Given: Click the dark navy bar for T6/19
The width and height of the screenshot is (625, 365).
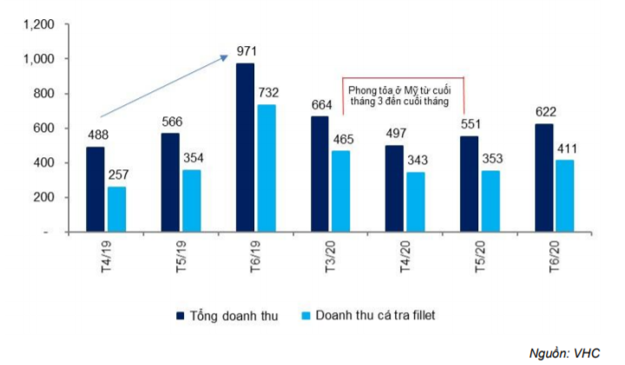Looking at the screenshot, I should tap(246, 148).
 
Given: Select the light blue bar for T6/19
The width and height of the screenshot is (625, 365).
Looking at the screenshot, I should tap(266, 169).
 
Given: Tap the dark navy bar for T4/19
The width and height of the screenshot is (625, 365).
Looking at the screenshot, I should tap(95, 189).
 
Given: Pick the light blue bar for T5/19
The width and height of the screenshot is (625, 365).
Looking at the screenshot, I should tap(192, 201).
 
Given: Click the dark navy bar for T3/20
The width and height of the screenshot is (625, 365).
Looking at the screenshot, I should tap(320, 174).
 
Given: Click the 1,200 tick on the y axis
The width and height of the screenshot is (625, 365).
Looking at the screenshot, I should tap(39, 25).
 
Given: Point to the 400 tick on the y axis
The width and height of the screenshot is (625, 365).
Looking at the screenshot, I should tap(44, 163).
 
